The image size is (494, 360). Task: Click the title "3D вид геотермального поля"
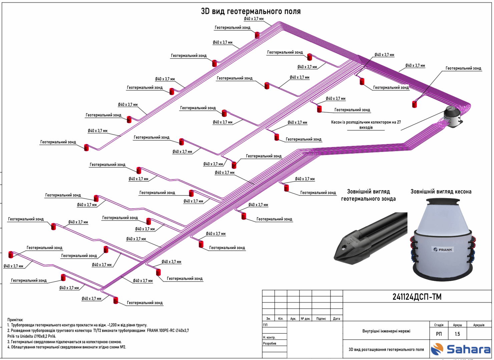coord(251,11)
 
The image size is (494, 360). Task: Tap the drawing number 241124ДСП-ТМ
coord(417,297)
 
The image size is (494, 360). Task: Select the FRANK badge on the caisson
coord(443,249)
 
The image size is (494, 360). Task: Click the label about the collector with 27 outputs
coord(366,125)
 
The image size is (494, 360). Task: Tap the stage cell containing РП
coord(439,334)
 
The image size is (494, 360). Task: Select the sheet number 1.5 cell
coord(457,334)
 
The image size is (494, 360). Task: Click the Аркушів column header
coord(479,325)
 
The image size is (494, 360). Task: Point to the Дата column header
coord(336,319)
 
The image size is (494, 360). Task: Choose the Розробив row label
coord(270,343)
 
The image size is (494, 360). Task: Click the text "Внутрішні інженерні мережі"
coord(386,331)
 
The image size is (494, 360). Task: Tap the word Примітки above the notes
coord(15,320)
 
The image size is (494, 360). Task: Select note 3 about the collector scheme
coord(64,342)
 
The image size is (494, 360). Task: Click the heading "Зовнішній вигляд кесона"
coord(441,192)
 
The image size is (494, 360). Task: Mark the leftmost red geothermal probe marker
coord(11,255)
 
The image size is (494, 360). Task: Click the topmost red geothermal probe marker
coord(257,35)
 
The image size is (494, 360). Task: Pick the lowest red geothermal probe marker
coord(116,300)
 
